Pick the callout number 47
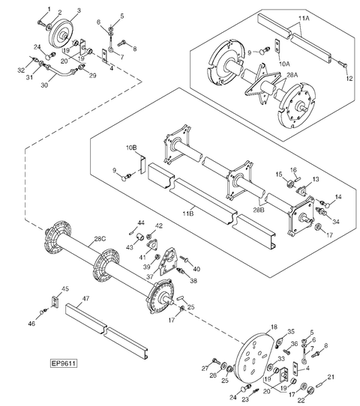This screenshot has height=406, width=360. pyautogui.click(x=85, y=298)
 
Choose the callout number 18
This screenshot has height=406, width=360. pyautogui.click(x=274, y=327)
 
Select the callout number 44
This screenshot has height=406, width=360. pyautogui.click(x=140, y=222)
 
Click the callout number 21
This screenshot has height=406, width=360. pyautogui.click(x=331, y=376)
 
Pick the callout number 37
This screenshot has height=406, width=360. pyautogui.click(x=149, y=276)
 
